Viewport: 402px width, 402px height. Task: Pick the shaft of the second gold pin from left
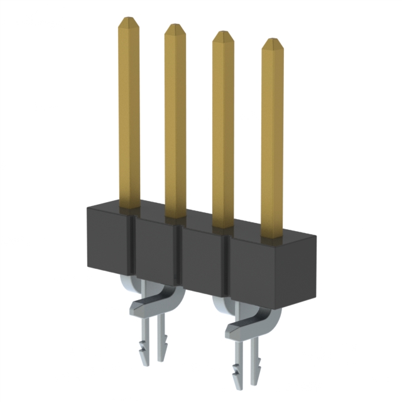[175, 122]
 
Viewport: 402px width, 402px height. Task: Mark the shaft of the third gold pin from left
[223, 132]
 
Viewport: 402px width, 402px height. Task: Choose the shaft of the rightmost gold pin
[272, 141]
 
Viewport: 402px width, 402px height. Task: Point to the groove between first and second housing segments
[134, 248]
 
